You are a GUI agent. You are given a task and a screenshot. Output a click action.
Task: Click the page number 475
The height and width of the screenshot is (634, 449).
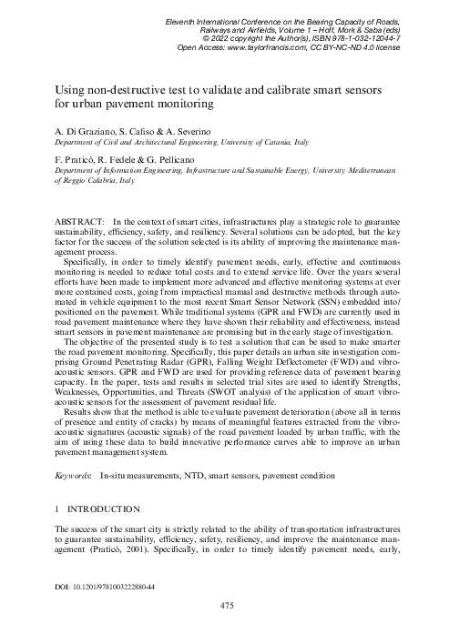[x=223, y=604]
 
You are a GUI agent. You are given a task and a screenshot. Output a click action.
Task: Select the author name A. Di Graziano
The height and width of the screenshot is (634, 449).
[x=88, y=132]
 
